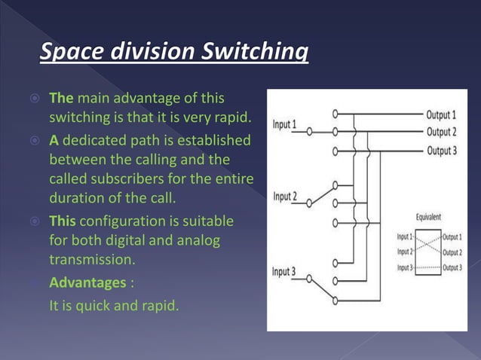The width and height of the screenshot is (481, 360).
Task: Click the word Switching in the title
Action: [253, 53]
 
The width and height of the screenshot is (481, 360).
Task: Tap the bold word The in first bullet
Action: [61, 98]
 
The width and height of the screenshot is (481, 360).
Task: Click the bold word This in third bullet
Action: [63, 221]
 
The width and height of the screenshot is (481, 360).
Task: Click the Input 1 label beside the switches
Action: [284, 124]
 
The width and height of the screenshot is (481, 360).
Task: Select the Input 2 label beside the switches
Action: [284, 197]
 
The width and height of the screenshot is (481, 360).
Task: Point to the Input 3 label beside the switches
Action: [284, 270]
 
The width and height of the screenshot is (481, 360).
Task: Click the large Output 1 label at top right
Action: [441, 115]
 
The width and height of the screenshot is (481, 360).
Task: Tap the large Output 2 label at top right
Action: [441, 132]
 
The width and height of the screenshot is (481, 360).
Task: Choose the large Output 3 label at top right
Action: [441, 150]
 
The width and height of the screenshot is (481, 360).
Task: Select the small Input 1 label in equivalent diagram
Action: [405, 237]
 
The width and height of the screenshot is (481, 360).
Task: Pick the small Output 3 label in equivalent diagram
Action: [452, 267]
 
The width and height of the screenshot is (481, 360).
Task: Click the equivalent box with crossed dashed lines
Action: [428, 252]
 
